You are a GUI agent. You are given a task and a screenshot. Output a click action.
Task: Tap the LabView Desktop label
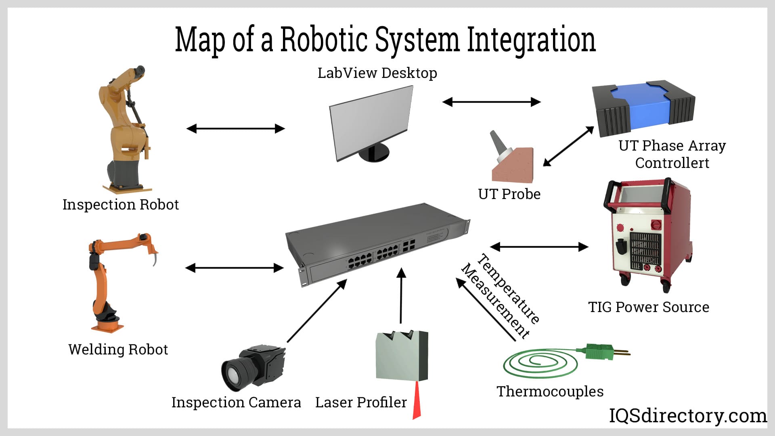coord(377,73)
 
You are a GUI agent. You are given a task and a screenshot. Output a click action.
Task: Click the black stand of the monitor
coord(373,153)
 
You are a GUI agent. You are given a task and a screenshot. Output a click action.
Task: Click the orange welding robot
coord(107,279)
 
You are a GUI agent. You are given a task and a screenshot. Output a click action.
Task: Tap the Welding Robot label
coord(118,349)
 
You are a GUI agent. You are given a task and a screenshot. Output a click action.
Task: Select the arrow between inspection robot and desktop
coord(235,129)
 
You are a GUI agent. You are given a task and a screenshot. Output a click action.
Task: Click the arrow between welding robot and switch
coord(235,268)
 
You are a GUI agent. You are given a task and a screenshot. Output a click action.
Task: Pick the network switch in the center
coord(377,244)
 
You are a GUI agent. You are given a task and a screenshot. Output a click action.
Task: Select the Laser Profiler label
coord(361,402)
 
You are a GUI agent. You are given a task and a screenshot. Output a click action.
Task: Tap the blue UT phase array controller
coord(642,107)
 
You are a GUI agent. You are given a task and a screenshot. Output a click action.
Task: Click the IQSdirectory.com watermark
coord(688,416)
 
